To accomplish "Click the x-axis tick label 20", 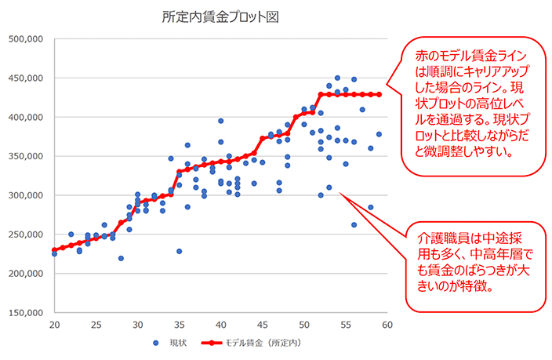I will pos(54,325).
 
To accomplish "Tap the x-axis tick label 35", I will pos(179,325).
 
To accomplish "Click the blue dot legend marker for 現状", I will pos(157,344).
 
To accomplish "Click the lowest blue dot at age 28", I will pos(121,258).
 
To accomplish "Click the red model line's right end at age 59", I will pos(379,94).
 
